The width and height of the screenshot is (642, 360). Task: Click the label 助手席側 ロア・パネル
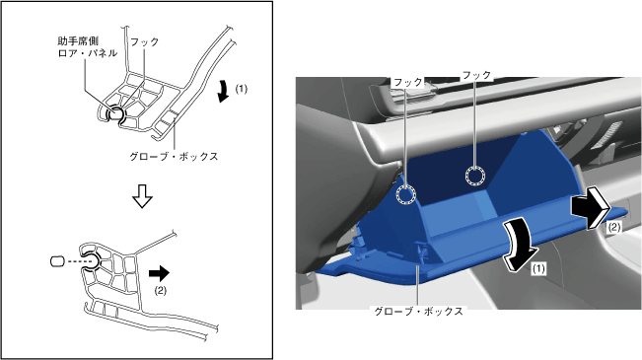click(88, 46)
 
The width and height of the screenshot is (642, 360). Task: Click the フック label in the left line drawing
click(144, 41)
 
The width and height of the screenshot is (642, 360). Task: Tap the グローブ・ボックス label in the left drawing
click(174, 157)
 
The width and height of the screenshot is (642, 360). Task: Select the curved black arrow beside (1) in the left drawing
click(223, 91)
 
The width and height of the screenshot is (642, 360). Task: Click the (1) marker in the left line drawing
click(242, 89)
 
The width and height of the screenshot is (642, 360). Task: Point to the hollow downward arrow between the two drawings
click(142, 196)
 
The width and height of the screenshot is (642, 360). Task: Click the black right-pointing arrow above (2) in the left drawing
click(159, 273)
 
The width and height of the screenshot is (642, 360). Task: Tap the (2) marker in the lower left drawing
click(160, 290)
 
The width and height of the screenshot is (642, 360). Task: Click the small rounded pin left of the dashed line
click(57, 261)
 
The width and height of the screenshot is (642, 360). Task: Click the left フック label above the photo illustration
click(408, 82)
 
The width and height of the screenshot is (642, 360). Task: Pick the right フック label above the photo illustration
click(476, 75)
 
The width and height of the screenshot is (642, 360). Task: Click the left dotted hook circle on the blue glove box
click(405, 194)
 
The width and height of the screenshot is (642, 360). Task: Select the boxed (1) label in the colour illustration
click(538, 268)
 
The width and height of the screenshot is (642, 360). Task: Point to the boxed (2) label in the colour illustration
click(613, 227)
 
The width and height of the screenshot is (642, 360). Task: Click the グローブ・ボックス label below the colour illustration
click(419, 312)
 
